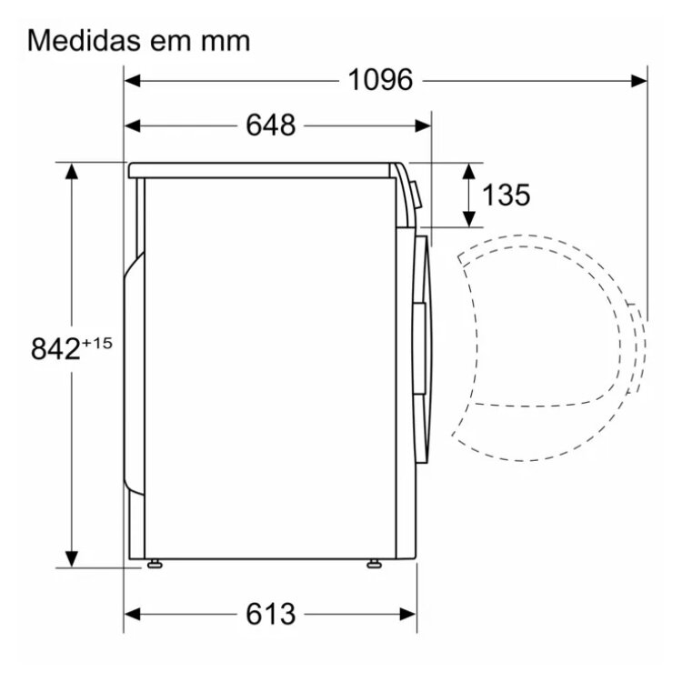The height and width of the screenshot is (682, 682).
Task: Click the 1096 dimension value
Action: point(380,80)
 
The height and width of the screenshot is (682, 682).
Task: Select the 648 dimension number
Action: point(271,125)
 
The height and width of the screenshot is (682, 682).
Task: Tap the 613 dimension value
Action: point(271,614)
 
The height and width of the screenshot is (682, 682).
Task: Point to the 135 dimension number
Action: point(506,195)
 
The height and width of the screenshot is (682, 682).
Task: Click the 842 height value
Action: point(55,349)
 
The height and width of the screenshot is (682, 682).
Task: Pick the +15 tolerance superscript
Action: point(96,343)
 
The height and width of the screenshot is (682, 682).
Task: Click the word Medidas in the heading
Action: point(85,40)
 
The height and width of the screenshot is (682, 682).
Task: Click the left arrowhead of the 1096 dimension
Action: point(132,80)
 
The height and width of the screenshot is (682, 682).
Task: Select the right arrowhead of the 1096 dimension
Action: point(639,80)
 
